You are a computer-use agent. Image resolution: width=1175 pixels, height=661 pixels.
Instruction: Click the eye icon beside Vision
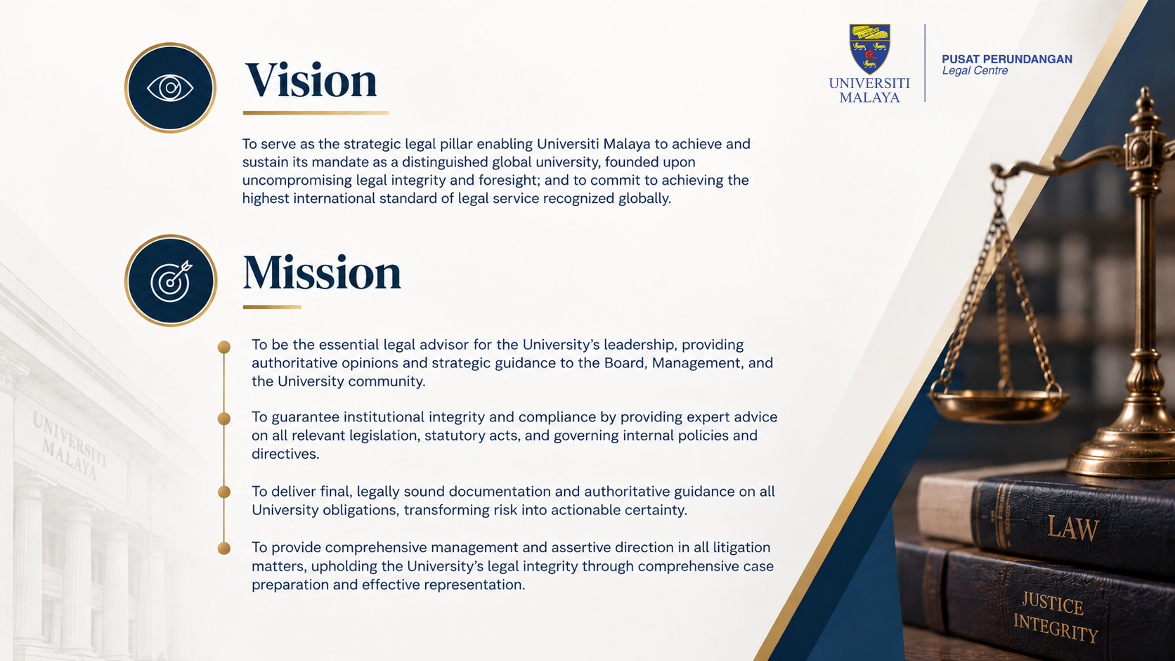click(170, 88)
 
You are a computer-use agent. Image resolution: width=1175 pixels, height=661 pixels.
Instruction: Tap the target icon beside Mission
click(171, 280)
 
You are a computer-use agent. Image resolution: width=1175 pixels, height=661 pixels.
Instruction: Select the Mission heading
click(322, 273)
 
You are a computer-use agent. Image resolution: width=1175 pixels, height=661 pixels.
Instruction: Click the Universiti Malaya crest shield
click(870, 48)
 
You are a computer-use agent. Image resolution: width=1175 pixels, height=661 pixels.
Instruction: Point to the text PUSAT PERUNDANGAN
click(1006, 59)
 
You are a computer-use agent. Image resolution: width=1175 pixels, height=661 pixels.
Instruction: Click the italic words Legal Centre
click(975, 71)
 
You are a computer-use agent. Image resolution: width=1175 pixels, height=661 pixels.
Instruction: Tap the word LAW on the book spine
click(1072, 528)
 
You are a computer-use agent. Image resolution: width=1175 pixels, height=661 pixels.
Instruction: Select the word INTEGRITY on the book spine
click(1056, 627)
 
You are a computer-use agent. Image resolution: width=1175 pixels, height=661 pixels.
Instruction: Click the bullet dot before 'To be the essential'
click(224, 347)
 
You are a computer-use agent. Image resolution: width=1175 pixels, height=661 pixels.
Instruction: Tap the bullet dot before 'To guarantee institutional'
click(224, 418)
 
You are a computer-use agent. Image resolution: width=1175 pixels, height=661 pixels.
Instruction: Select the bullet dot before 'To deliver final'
click(224, 492)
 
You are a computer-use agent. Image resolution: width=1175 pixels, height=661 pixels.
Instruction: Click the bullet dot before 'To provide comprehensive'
click(224, 549)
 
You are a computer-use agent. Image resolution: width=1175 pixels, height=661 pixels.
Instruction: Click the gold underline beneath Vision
click(316, 112)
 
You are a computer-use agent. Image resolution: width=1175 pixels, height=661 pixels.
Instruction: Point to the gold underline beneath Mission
click(272, 307)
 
